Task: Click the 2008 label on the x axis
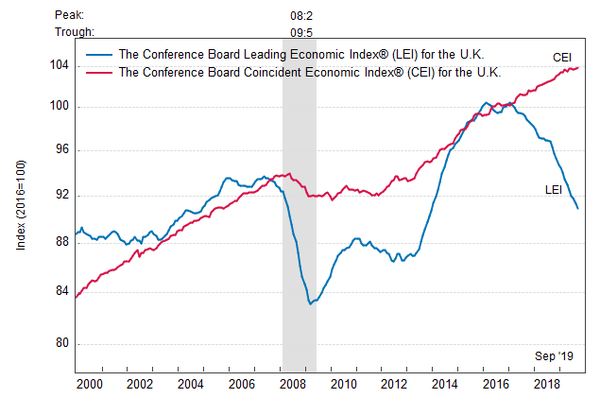pos(292,384)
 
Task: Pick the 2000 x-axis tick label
pos(89,384)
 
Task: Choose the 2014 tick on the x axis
pos(444,384)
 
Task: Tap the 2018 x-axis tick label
pos(546,384)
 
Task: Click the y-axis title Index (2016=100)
pos(21,203)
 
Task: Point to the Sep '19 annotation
pos(555,355)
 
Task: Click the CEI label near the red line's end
pos(564,57)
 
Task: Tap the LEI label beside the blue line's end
pos(555,190)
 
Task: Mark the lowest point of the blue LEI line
pos(309,303)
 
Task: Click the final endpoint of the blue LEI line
pos(578,208)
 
